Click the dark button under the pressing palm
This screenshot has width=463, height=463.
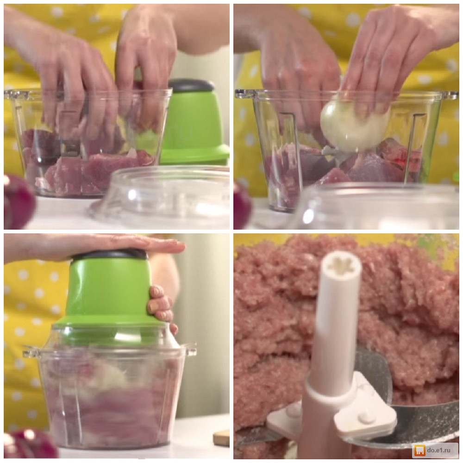coord(110,255)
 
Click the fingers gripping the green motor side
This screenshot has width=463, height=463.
coord(162,307)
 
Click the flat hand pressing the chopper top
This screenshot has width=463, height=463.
coord(97,247)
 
